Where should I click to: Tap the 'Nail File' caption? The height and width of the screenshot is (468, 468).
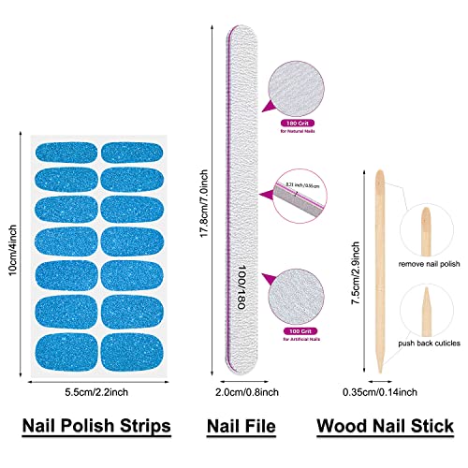[241, 426]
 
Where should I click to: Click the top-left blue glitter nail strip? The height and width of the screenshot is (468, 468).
[66, 150]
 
